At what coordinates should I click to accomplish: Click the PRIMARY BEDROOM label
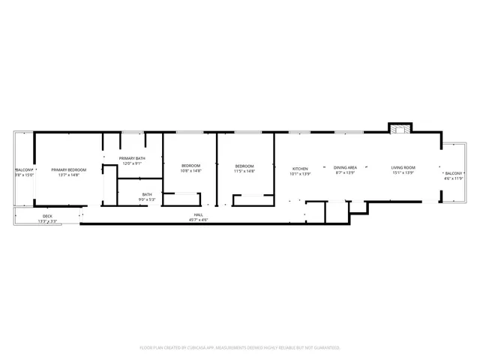pyautogui.click(x=69, y=170)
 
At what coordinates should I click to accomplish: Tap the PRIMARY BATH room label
pyautogui.click(x=131, y=158)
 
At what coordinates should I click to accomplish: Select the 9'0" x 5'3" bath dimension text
pyautogui.click(x=147, y=199)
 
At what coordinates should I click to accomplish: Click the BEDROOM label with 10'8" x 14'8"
pyautogui.click(x=191, y=166)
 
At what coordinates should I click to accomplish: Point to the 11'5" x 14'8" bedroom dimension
pyautogui.click(x=244, y=171)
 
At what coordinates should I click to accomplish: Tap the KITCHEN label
pyautogui.click(x=300, y=169)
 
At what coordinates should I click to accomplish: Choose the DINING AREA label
pyautogui.click(x=345, y=167)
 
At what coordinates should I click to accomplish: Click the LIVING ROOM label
pyautogui.click(x=403, y=167)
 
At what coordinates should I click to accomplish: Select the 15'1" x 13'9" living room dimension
pyautogui.click(x=403, y=173)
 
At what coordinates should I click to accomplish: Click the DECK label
pyautogui.click(x=47, y=216)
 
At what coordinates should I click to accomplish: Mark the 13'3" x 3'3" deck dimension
pyautogui.click(x=47, y=221)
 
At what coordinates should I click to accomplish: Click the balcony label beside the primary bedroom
pyautogui.click(x=24, y=170)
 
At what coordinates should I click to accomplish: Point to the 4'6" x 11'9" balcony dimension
pyautogui.click(x=454, y=178)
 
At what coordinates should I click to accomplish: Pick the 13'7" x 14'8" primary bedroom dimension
pyautogui.click(x=69, y=175)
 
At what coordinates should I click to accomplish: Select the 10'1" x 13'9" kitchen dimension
pyautogui.click(x=300, y=174)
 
